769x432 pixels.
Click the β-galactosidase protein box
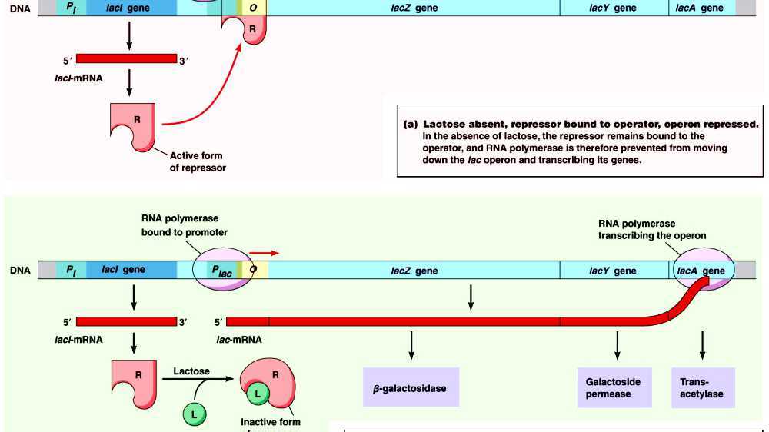pos(411,387)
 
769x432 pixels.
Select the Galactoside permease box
pos(613,387)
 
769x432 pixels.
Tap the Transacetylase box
pos(702,387)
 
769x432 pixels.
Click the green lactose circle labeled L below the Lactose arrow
pos(194,414)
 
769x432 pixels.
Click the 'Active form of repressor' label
pos(198,161)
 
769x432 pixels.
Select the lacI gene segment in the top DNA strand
pos(128,8)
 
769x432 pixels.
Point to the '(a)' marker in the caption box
pos(411,124)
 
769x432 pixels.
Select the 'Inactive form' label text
pos(270,422)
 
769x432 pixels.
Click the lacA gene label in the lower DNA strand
pos(701,271)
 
